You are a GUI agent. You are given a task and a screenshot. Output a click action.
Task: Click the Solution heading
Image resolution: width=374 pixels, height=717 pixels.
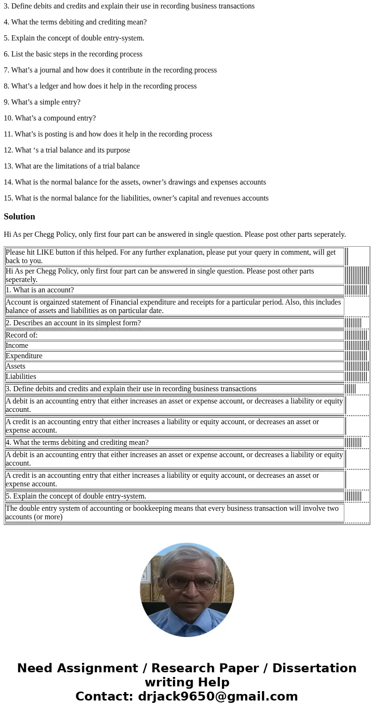pos(19,217)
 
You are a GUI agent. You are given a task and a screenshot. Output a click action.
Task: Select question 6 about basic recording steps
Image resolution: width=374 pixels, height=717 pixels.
pos(73,54)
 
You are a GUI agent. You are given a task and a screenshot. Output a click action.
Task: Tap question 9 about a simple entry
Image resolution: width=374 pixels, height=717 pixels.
pos(42,102)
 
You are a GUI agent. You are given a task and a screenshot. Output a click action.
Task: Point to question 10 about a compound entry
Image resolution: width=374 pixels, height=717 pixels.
pos(49,118)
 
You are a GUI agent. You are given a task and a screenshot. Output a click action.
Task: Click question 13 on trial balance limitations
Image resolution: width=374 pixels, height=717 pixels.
pos(72,166)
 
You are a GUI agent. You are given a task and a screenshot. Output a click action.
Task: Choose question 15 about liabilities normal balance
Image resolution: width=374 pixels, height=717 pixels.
pos(136,198)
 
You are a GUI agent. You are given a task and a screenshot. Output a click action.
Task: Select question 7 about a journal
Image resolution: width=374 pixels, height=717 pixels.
pos(110,70)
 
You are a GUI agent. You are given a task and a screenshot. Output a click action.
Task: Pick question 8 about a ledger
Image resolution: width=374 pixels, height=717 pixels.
pos(100,86)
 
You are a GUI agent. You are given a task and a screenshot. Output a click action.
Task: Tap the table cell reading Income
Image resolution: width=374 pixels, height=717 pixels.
pos(17,346)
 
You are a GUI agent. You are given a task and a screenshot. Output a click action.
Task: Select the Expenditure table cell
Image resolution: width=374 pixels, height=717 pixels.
pos(24,356)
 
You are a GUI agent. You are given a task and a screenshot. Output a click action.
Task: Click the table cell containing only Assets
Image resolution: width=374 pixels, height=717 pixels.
pos(16,366)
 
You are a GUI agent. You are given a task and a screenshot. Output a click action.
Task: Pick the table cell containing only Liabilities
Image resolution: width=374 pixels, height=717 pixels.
pos(21,377)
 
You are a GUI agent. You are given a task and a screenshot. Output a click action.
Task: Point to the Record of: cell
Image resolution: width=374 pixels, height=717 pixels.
pos(22,335)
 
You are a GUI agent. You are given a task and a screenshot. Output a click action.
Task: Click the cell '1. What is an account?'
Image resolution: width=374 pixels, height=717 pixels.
pos(40,290)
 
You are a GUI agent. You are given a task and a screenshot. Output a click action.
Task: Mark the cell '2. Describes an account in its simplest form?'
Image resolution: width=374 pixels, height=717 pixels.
pos(73,323)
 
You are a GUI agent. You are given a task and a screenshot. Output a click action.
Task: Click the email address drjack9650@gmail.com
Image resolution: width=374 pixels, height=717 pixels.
pos(218,696)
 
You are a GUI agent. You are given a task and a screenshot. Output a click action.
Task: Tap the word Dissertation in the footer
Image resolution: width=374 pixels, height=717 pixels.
pos(314,668)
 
